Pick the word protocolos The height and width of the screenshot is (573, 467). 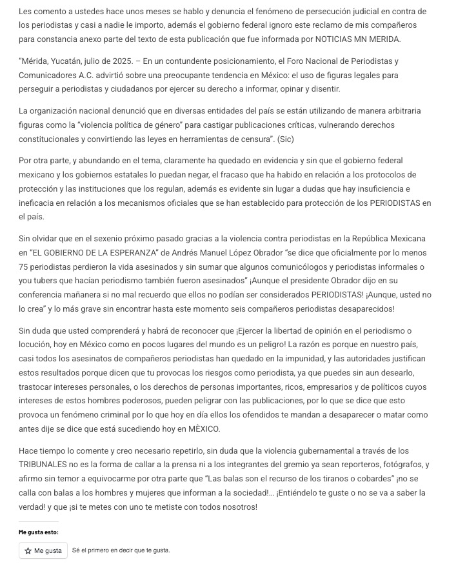pyautogui.click(x=394, y=174)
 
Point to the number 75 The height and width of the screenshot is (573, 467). pyautogui.click(x=25, y=266)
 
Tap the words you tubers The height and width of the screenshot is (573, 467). pyautogui.click(x=40, y=280)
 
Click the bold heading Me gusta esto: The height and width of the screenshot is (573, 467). pyautogui.click(x=38, y=532)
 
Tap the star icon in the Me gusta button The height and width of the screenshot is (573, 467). pyautogui.click(x=28, y=550)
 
